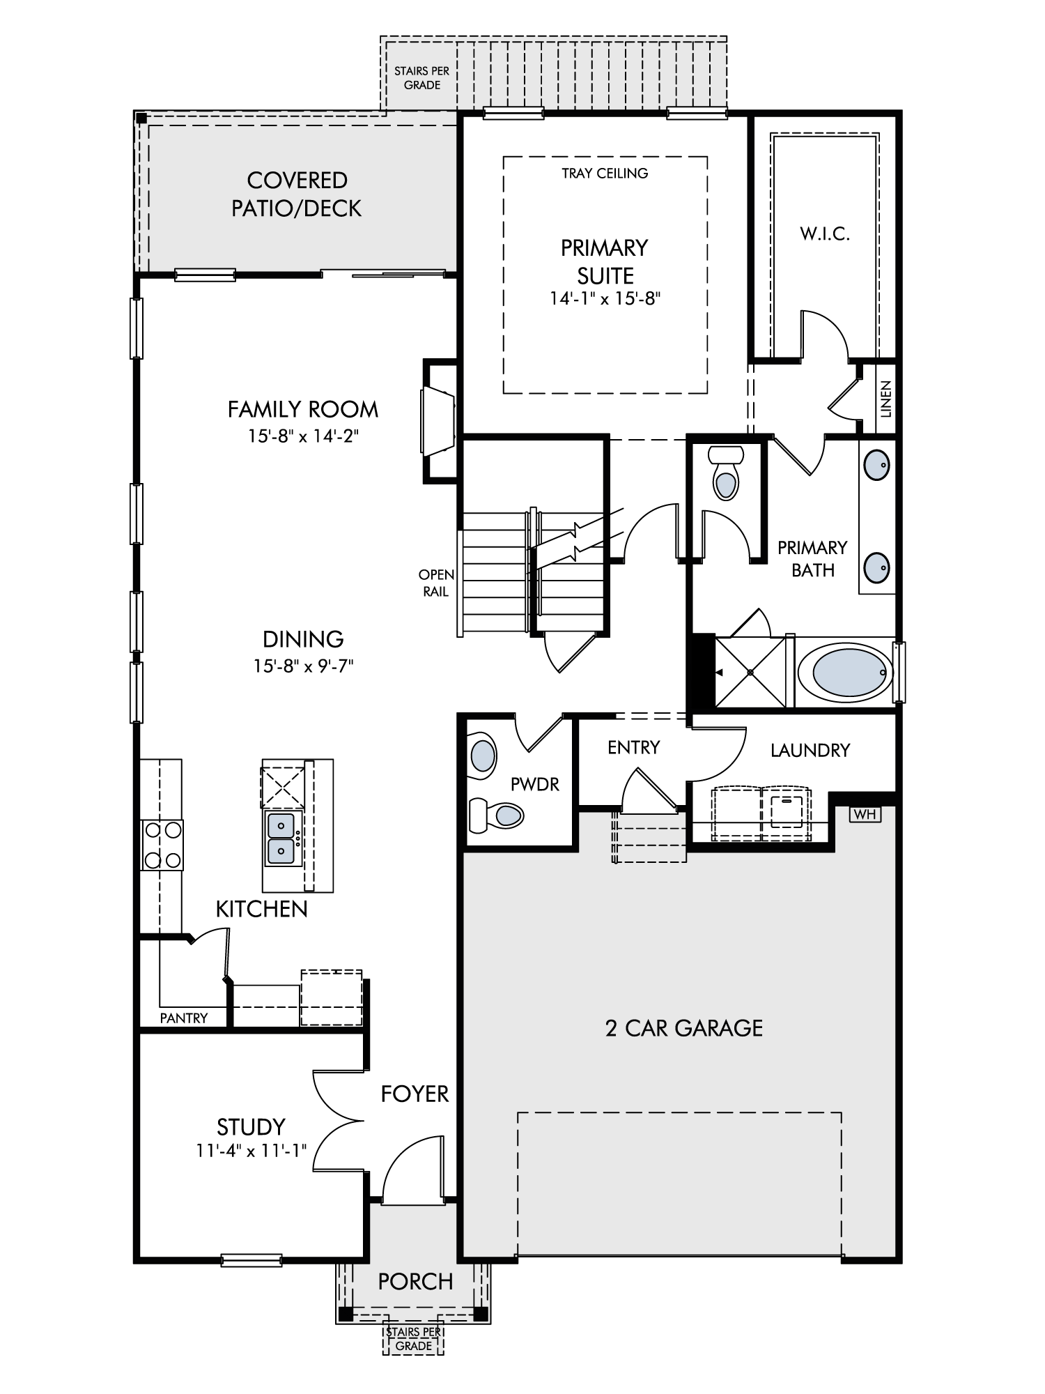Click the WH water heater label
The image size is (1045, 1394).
pos(865,813)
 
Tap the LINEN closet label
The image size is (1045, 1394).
pos(885,399)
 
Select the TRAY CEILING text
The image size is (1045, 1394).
pos(605,173)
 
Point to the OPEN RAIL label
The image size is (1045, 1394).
pos(437,583)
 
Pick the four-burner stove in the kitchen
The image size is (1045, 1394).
pos(162,845)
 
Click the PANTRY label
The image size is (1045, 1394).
pos(184,1018)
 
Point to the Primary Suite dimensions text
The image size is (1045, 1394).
pos(605,299)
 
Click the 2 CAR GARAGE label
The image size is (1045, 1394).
pos(684,1028)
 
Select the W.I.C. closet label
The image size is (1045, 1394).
pos(825,234)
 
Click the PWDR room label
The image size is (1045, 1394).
pos(535,784)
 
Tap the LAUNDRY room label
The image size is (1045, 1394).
pos(810,750)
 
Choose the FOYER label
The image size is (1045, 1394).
pos(415,1094)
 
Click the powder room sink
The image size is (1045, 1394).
pos(483,756)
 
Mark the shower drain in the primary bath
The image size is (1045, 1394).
pos(750,672)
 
